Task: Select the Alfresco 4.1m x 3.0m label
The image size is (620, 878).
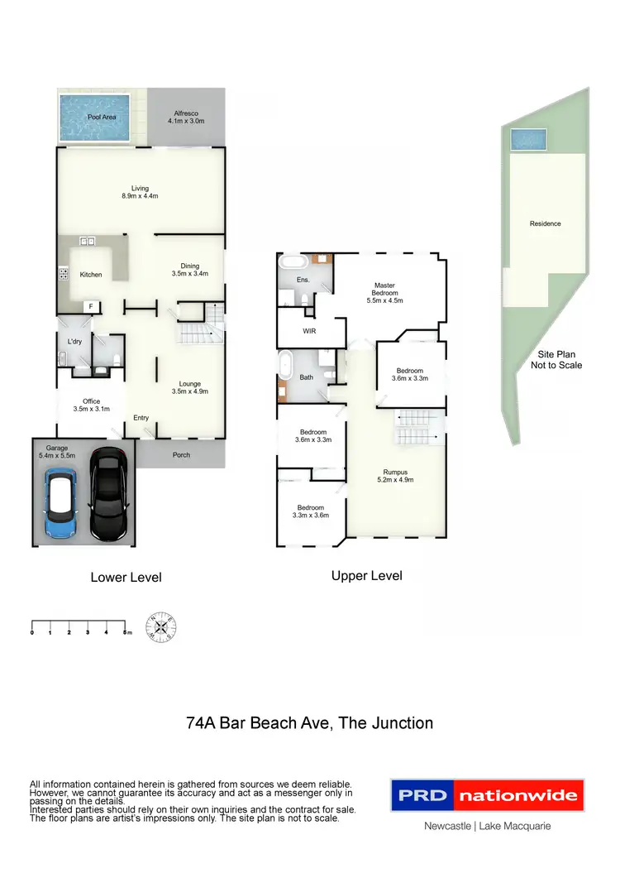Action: [x=186, y=117]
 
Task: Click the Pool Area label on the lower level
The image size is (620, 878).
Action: [x=102, y=118]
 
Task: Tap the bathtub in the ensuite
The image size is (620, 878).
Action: [x=293, y=261]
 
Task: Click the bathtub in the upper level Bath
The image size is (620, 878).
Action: [x=286, y=364]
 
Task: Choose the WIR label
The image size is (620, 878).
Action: [x=311, y=331]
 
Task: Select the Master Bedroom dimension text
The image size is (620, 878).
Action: [x=384, y=301]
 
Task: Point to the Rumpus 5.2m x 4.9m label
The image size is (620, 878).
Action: [x=392, y=477]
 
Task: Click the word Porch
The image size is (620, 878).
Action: [x=180, y=454]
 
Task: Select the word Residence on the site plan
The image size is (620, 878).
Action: [x=545, y=223]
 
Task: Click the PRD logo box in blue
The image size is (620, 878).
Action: [x=422, y=796]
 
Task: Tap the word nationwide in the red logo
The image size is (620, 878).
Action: [x=518, y=796]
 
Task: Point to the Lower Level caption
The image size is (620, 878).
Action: [x=126, y=578]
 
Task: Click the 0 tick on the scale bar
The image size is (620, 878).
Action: [x=31, y=632]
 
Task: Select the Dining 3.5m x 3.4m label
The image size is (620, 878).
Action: [x=189, y=270]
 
